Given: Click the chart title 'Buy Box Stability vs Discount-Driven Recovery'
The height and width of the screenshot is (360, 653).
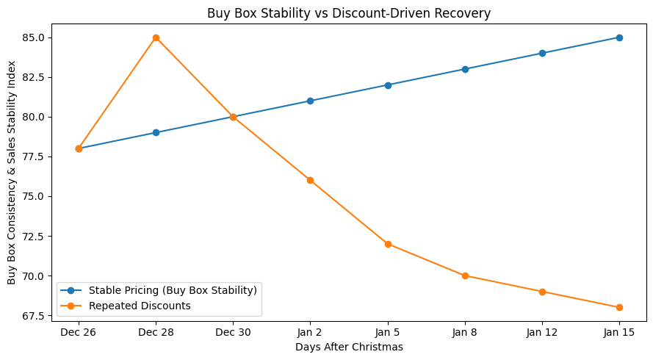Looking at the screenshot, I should pyautogui.click(x=349, y=13).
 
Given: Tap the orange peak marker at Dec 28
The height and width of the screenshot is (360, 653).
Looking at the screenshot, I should pyautogui.click(x=156, y=37).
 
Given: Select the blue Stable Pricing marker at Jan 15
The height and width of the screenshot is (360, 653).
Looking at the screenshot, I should pyautogui.click(x=619, y=37).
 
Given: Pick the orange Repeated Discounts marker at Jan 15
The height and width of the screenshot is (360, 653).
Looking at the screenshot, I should pyautogui.click(x=619, y=307).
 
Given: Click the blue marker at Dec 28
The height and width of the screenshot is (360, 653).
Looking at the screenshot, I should pyautogui.click(x=156, y=133).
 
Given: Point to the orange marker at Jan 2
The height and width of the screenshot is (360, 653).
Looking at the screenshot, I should pyautogui.click(x=310, y=180).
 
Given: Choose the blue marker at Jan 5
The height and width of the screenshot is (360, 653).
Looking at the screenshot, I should pyautogui.click(x=388, y=85).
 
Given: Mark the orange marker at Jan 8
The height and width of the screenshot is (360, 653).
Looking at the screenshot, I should pyautogui.click(x=465, y=276).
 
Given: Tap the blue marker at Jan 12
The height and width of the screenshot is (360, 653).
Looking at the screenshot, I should pyautogui.click(x=542, y=53).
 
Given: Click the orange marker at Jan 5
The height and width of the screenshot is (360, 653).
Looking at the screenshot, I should pyautogui.click(x=388, y=244).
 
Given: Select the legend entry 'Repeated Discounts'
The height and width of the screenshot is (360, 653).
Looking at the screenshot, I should pyautogui.click(x=140, y=305).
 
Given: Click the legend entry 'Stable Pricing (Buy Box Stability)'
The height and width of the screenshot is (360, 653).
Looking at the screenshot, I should pyautogui.click(x=172, y=290).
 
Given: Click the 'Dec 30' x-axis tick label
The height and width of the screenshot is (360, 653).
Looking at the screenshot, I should pyautogui.click(x=233, y=332).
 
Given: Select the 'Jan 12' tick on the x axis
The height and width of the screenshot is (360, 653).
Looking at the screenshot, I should pyautogui.click(x=542, y=332).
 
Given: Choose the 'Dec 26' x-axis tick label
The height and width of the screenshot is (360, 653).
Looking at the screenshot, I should pyautogui.click(x=79, y=332).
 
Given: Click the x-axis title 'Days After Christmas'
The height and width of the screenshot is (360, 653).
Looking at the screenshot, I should pyautogui.click(x=349, y=346).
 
